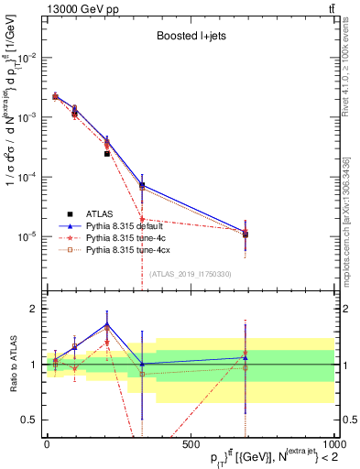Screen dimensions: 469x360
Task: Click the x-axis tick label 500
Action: (190, 442)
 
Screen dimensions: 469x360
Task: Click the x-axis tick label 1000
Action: (333, 442)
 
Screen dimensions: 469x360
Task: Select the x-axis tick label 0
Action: (47, 442)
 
